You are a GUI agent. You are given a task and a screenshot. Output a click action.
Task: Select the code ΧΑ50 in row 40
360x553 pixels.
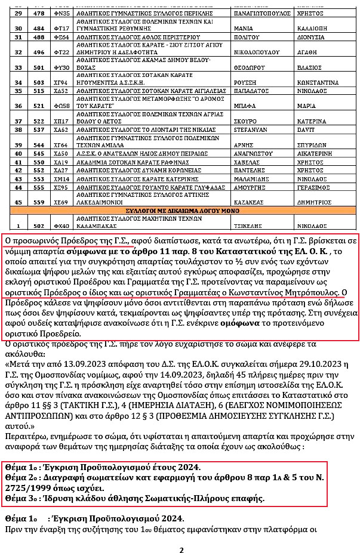coord(61,153)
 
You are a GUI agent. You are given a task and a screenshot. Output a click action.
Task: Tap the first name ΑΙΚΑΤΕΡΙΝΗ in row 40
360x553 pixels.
coord(327,153)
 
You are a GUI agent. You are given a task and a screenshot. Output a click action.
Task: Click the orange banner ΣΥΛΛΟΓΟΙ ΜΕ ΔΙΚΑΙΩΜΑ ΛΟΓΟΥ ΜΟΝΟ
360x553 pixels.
coord(180,211)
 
